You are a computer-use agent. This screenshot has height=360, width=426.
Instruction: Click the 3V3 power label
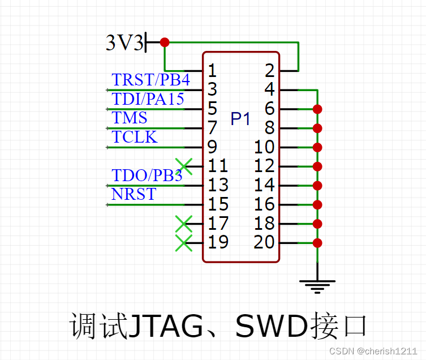point(124,42)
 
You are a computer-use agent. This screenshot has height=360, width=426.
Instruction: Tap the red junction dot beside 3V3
point(165,42)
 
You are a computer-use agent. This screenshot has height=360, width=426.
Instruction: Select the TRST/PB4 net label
point(150,80)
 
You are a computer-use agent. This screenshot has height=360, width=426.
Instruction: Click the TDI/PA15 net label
point(148,99)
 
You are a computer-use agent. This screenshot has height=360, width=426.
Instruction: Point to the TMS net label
point(130,118)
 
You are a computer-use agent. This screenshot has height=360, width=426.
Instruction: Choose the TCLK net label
point(135,137)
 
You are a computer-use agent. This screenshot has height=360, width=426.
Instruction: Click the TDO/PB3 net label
point(147,175)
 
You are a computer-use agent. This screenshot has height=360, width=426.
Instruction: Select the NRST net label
point(134,194)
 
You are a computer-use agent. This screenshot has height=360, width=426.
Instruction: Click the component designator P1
point(240,119)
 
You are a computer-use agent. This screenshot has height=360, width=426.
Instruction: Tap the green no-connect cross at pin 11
point(184,166)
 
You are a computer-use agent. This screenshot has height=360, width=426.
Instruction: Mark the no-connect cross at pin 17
point(184,224)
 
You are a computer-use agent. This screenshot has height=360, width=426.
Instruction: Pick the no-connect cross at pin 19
point(184,243)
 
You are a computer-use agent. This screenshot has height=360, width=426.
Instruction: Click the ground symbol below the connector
point(317,286)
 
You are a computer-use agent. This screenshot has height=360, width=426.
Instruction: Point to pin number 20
point(264,242)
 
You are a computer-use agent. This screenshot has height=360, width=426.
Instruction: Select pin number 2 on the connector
point(269,71)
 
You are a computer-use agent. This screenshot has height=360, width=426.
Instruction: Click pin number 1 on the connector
point(212,71)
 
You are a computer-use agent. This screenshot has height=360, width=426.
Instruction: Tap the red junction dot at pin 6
point(317,109)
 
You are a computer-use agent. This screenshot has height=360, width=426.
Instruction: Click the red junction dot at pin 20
point(317,243)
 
